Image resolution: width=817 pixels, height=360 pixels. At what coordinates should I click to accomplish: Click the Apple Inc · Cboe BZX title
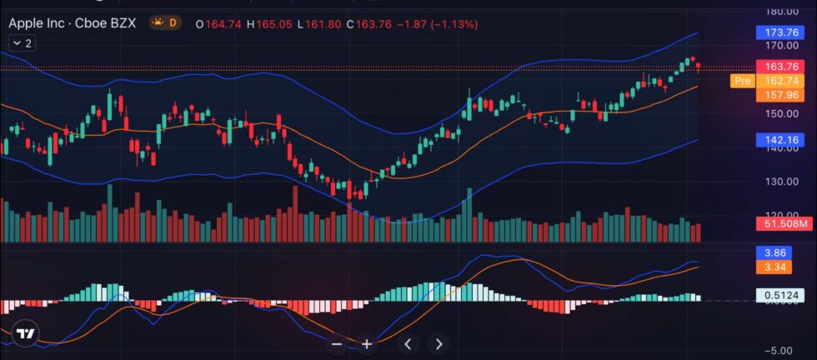[x=72, y=23]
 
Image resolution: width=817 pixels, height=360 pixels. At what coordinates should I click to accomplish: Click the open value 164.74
[x=224, y=24]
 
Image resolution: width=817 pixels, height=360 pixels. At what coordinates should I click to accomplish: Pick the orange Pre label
[x=741, y=81]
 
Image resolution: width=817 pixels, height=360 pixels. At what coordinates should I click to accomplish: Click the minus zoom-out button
[x=337, y=343]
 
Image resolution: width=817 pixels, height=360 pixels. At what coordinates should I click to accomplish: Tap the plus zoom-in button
[x=366, y=343]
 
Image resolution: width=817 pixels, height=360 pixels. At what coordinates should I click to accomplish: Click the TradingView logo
[x=27, y=334]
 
